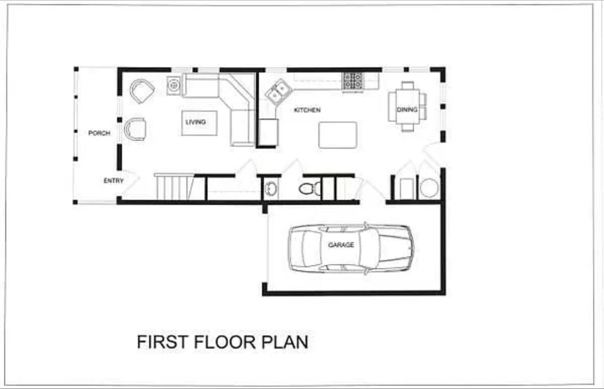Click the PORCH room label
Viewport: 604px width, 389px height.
[99, 133]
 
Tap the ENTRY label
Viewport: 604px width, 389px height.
[114, 180]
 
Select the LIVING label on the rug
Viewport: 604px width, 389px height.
[195, 122]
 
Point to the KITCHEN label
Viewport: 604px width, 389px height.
[307, 110]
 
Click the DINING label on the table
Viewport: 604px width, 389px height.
[407, 110]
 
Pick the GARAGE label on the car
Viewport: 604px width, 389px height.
[341, 245]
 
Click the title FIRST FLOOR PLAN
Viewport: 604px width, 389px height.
[222, 342]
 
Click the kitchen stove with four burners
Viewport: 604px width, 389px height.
[353, 81]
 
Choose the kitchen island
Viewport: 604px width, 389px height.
[337, 135]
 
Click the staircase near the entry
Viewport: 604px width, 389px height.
[174, 187]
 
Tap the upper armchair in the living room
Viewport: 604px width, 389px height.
[142, 91]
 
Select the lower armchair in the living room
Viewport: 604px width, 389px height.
[135, 129]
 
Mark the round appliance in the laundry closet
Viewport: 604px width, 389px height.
[429, 188]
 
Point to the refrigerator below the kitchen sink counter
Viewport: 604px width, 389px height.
[268, 133]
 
